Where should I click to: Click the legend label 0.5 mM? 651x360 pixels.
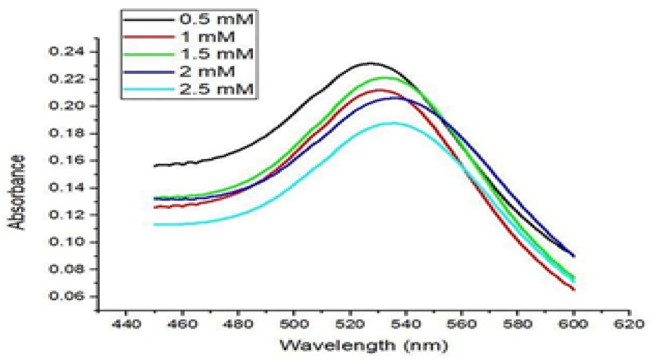click(216, 19)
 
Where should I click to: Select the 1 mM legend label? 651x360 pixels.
click(208, 37)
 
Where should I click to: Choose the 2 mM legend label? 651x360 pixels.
click(207, 72)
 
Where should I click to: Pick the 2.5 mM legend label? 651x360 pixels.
click(216, 89)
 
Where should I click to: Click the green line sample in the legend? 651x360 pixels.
click(149, 54)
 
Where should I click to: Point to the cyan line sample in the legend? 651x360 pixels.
click(149, 90)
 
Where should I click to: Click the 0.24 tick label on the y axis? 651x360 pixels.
click(66, 52)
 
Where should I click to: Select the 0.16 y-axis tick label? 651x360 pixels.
click(66, 160)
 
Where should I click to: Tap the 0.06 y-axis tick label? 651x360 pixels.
click(66, 296)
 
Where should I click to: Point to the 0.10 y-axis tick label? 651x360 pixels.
click(66, 242)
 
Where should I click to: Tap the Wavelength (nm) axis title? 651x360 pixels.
click(364, 345)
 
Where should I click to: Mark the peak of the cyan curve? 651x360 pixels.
click(392, 123)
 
